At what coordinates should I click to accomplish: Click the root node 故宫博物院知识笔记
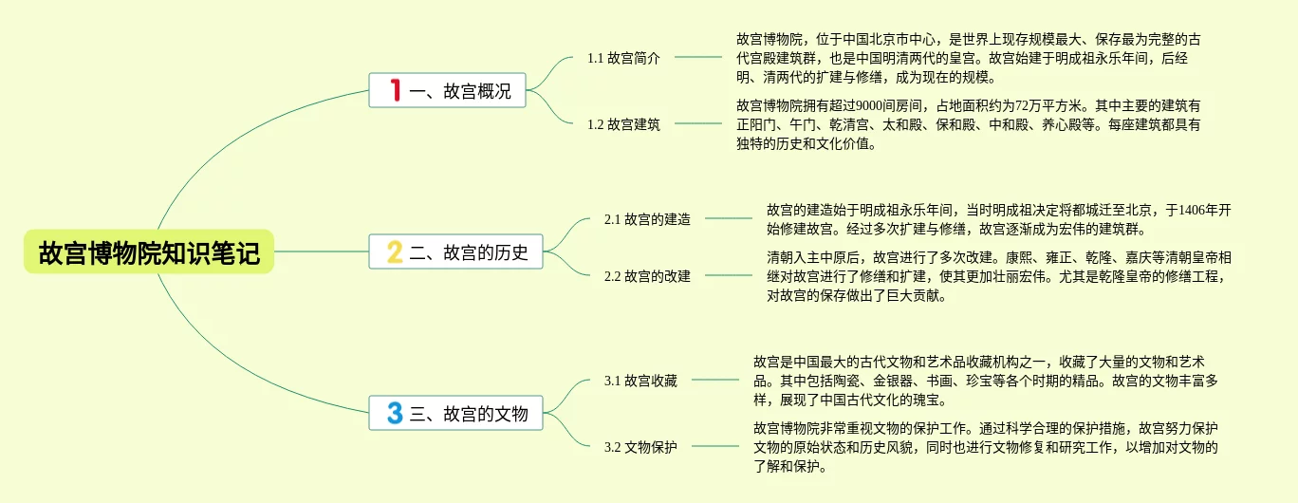tap(149, 252)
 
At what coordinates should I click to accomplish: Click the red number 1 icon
tap(396, 91)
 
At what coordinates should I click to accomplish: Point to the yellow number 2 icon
tap(395, 252)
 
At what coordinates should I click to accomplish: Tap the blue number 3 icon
tap(395, 414)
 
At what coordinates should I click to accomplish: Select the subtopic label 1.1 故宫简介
tap(623, 58)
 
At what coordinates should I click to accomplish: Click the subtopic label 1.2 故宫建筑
tap(623, 124)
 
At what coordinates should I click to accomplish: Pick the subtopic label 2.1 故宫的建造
tap(647, 219)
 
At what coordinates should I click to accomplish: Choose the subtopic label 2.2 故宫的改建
tap(647, 276)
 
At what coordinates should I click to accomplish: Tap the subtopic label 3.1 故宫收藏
tap(640, 381)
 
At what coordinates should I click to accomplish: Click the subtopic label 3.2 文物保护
tap(640, 447)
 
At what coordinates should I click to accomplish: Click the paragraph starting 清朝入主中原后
tap(998, 276)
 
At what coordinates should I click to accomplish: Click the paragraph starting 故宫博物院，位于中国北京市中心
tap(968, 58)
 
